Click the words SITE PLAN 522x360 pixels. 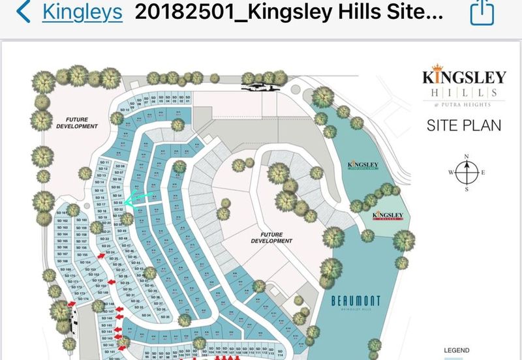[464, 125]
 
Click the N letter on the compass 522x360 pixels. [467, 156]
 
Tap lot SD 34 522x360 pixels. [147, 315]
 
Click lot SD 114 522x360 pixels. [280, 356]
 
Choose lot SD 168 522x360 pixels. [67, 269]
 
